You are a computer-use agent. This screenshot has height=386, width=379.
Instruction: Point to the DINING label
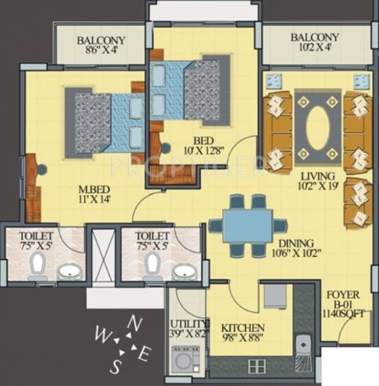pyautogui.click(x=296, y=244)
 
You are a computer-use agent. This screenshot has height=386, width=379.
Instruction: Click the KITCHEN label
pyautogui.click(x=242, y=327)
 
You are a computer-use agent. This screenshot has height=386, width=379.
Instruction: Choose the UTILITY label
pyautogui.click(x=189, y=324)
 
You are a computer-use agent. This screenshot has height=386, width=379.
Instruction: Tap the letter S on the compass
pyautogui.click(x=116, y=367)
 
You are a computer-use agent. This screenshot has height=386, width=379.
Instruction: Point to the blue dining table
pyautogui.click(x=247, y=226)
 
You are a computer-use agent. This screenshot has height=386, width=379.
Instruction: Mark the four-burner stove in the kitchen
pyautogui.click(x=257, y=367)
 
